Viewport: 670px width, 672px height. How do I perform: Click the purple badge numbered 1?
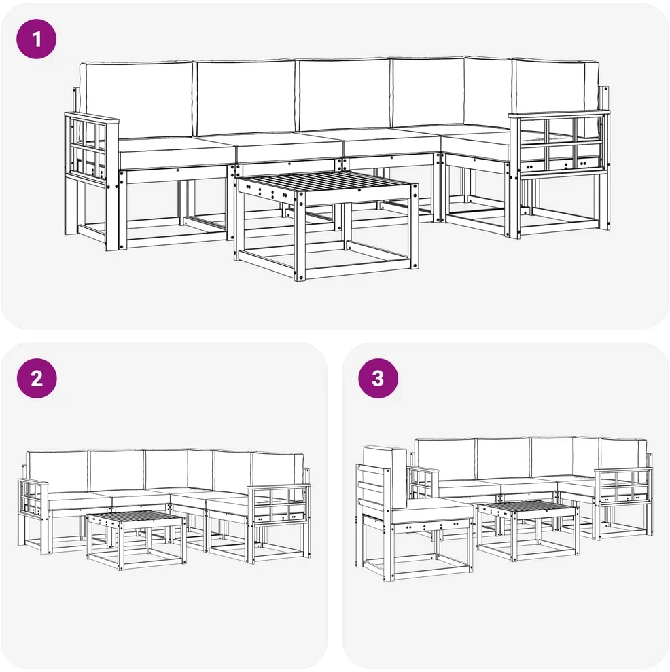37,39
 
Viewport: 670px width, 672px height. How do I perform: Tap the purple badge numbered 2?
37,379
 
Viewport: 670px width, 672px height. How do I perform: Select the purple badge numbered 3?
378,379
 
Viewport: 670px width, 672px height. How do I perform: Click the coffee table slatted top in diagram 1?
328,185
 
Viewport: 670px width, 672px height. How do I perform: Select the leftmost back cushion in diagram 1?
137,99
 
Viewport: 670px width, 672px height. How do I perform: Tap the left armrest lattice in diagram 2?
31,496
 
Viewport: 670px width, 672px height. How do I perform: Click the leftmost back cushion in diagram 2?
58,472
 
